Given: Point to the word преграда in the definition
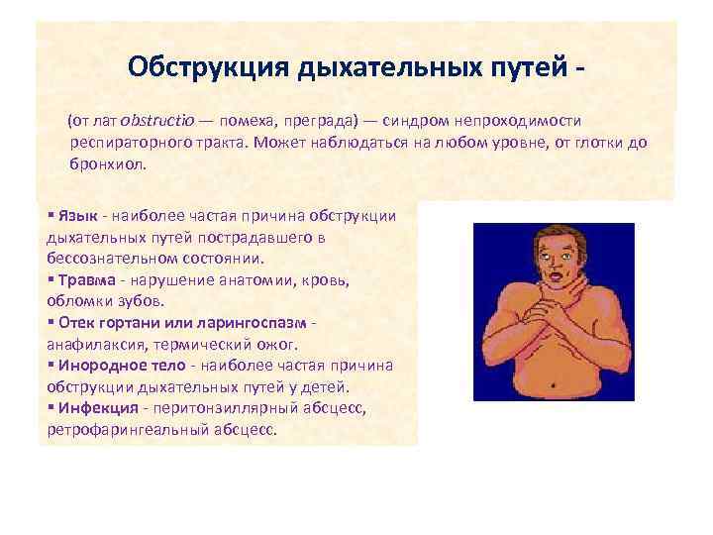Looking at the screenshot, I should point(314,120).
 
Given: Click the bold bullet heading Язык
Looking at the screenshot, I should point(78,216).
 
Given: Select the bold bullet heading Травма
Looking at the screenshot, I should point(84,280).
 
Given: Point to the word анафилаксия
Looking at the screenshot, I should point(95,345).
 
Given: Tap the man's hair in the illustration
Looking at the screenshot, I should point(555,231).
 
